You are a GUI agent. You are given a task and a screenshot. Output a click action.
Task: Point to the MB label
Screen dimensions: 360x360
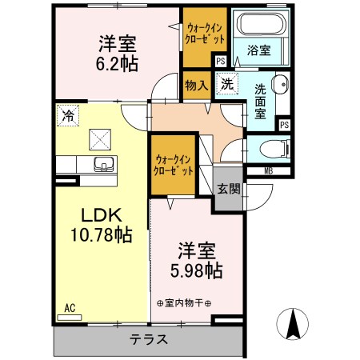coord(268,170)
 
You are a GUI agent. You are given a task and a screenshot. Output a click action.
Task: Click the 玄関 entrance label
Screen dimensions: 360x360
coord(228,189)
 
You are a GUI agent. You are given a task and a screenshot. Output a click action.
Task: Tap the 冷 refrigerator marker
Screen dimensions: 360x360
coord(68,115)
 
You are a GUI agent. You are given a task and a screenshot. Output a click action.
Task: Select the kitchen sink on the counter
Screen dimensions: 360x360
coord(102,165)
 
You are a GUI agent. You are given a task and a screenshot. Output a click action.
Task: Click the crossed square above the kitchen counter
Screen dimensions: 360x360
coord(102,141)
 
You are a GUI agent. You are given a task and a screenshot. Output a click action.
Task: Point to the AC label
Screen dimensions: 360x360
coord(70,307)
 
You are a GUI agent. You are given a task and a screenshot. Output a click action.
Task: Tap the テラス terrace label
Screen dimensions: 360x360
coord(149,339)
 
